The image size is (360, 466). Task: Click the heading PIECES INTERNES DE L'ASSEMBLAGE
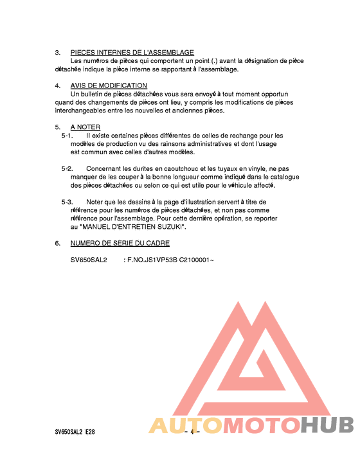click(132, 52)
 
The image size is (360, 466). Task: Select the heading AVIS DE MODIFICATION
click(109, 85)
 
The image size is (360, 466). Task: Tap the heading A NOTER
click(85, 127)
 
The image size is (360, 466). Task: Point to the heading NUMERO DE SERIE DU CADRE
click(120, 244)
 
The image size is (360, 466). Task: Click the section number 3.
click(57, 52)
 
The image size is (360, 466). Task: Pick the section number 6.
click(57, 244)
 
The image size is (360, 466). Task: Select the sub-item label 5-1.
click(67, 136)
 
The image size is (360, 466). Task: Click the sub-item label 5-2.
click(67, 168)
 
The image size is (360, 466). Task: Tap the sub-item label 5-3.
click(67, 202)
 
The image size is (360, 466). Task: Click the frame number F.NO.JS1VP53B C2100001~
click(168, 260)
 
